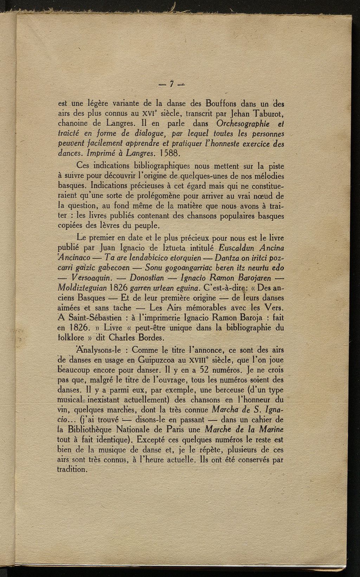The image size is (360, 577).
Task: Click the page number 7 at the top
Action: coord(172,84)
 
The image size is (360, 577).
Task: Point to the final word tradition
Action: coord(71,469)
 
